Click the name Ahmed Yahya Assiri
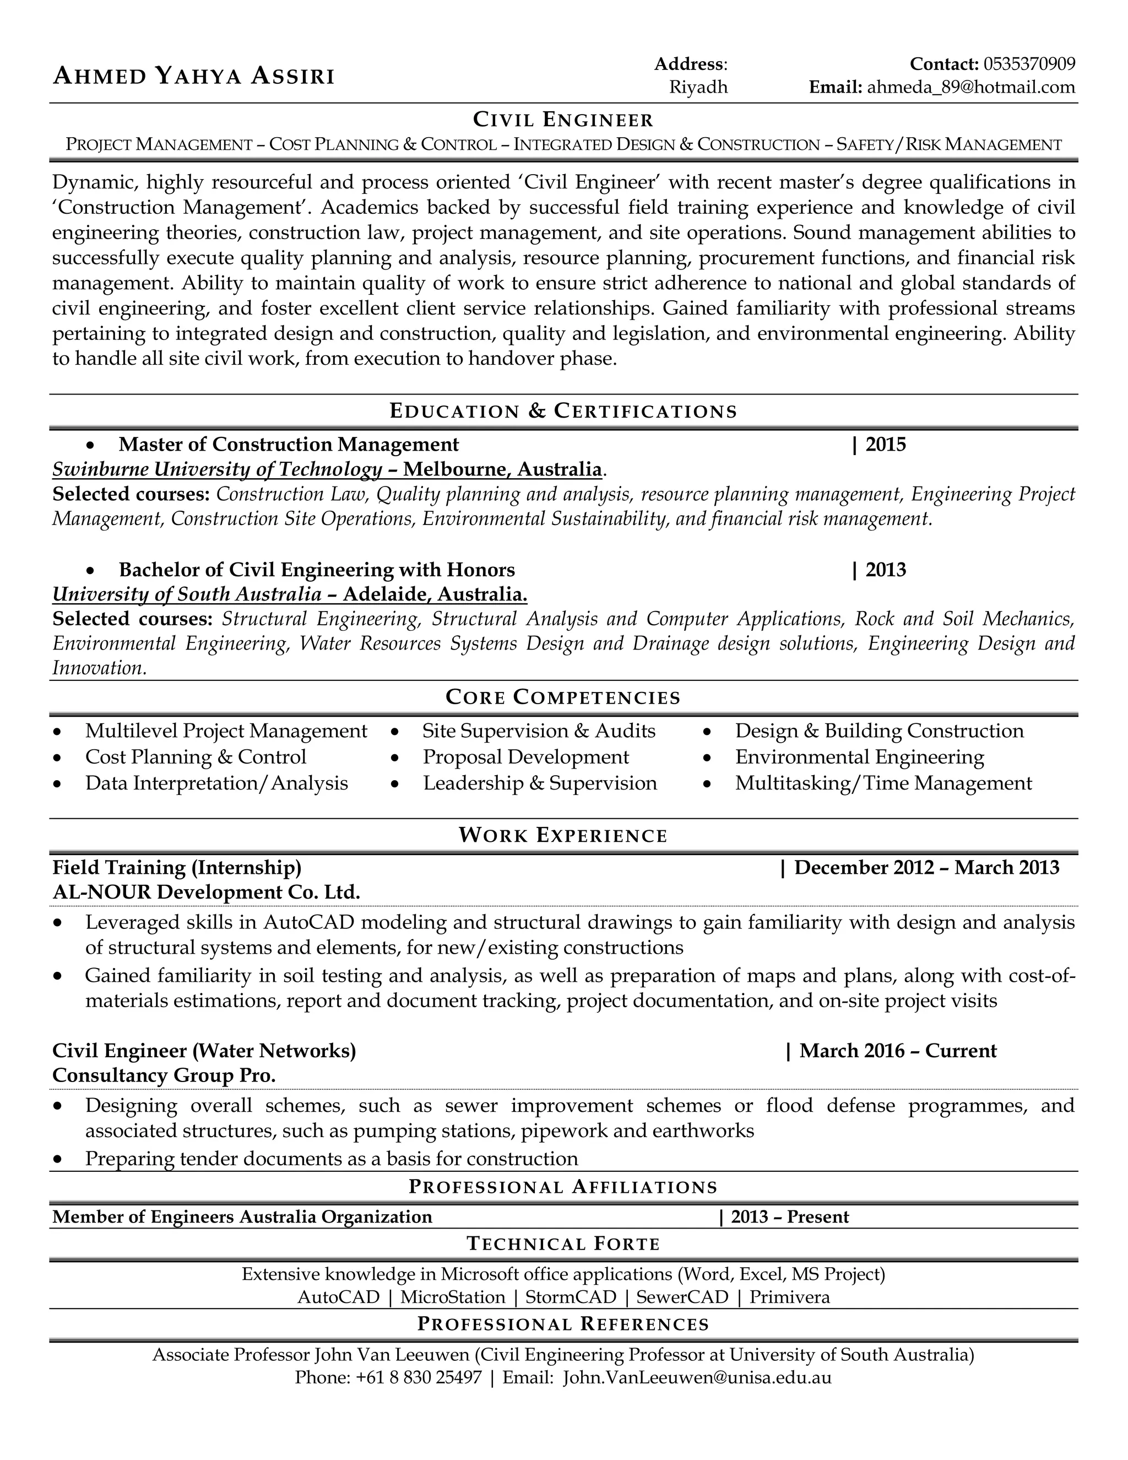tap(193, 76)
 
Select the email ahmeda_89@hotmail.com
tap(971, 87)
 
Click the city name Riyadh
tap(698, 87)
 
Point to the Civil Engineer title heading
tap(563, 120)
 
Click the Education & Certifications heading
tap(563, 410)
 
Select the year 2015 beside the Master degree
tap(886, 445)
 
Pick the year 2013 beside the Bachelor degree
tap(886, 570)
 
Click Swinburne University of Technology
tap(217, 469)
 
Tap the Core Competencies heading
tap(563, 697)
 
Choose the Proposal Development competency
tap(525, 757)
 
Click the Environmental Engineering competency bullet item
tap(859, 757)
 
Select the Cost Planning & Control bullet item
tap(196, 757)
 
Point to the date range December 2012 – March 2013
tap(926, 868)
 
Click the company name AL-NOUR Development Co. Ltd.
tap(206, 892)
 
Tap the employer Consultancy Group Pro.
tap(164, 1075)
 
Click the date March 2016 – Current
tap(897, 1051)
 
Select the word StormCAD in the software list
tap(571, 1297)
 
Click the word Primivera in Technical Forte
tap(789, 1297)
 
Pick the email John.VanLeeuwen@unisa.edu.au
tap(697, 1377)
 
